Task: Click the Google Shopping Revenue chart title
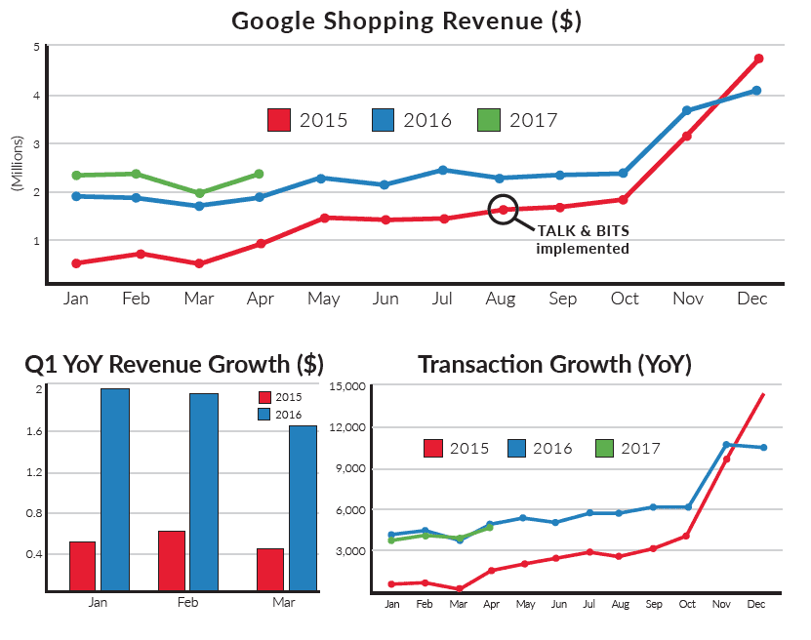pos(406,20)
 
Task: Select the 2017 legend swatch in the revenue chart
pos(489,120)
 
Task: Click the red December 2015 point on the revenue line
pos(758,59)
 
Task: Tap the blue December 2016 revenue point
pos(756,91)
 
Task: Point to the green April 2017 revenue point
pos(259,174)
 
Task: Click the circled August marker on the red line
pos(503,210)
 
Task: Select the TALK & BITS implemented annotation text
pos(583,239)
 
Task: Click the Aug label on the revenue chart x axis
pos(501,299)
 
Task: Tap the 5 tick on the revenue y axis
pos(36,48)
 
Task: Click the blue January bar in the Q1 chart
pos(114,489)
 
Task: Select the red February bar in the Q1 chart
pos(172,560)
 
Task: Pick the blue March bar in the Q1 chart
pos(303,507)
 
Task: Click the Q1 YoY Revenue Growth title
pos(174,365)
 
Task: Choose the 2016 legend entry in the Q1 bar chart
pos(279,415)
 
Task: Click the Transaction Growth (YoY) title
pos(554,365)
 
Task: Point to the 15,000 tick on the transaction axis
pos(346,387)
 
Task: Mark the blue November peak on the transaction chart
pos(726,445)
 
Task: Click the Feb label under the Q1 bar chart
pos(188,603)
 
